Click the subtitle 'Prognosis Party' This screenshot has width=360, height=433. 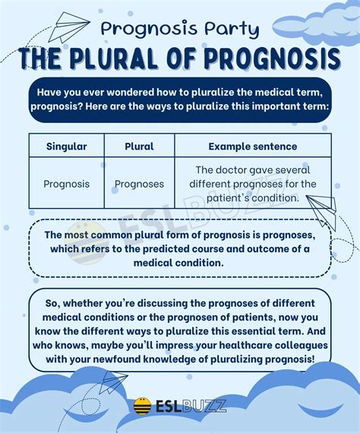180,30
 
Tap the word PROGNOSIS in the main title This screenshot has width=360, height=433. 267,58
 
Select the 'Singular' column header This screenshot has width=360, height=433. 66,146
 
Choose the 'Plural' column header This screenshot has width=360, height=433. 139,146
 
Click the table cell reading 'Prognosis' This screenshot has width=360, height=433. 66,184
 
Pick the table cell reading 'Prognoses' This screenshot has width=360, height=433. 139,184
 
